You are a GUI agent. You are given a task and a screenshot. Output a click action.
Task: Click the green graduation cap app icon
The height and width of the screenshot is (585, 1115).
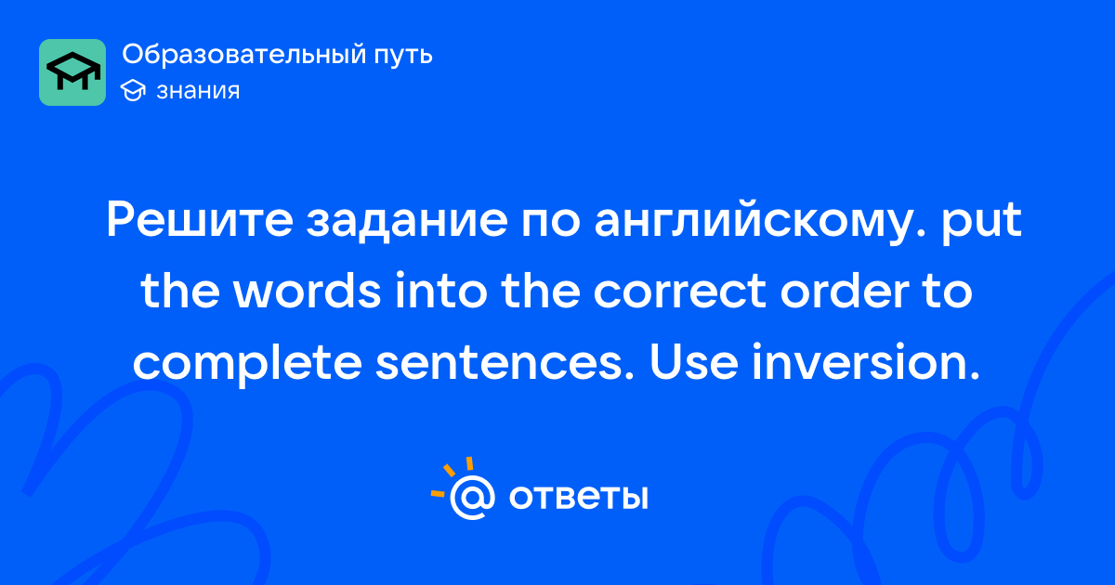pos(72,72)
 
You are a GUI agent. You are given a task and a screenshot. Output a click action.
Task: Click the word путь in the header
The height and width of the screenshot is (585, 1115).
pos(403,55)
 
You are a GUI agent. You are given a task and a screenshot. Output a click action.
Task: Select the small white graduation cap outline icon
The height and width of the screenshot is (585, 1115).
pos(133,90)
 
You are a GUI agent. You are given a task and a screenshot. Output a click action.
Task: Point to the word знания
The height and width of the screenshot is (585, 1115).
pos(198,91)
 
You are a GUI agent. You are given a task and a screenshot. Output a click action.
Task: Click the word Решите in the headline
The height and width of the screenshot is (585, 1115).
pos(200,220)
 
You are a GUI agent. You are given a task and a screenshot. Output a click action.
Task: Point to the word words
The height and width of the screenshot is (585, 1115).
pos(308,291)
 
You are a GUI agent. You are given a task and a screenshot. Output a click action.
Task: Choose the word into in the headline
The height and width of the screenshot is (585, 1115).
pos(441,291)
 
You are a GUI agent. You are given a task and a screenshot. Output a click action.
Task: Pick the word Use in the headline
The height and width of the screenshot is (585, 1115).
pos(693,362)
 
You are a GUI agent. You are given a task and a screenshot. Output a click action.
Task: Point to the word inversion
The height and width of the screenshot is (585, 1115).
pos(866,362)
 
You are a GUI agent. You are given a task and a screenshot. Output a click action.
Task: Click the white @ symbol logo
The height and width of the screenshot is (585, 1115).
pos(472,498)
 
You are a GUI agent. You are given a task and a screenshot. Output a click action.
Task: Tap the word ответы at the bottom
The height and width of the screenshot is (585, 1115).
pos(578,498)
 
